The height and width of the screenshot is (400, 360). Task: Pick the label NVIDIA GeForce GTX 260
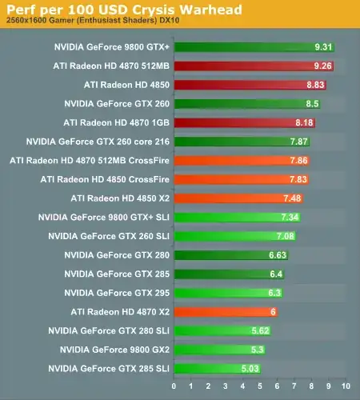115,103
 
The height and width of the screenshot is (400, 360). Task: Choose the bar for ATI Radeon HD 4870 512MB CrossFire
240,160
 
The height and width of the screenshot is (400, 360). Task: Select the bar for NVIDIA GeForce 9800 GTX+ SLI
237,217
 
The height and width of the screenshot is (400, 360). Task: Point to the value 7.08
286,236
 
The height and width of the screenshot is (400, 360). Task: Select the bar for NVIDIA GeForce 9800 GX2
219,350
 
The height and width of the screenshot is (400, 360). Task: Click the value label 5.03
250,368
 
